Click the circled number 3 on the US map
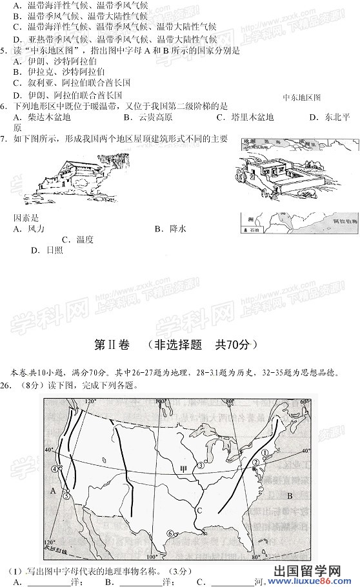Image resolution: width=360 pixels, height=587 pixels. pyautogui.click(x=201, y=465)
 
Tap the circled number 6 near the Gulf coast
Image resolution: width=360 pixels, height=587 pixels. pyautogui.click(x=169, y=533)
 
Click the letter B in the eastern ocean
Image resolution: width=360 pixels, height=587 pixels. pyautogui.click(x=290, y=495)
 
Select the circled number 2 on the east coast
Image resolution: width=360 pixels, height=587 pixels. pyautogui.click(x=255, y=463)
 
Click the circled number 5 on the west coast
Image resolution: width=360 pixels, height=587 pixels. pyautogui.click(x=66, y=495)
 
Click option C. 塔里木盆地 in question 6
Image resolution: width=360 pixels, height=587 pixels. pyautogui.click(x=245, y=117)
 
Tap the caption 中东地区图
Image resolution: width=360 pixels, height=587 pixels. pyautogui.click(x=301, y=97)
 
